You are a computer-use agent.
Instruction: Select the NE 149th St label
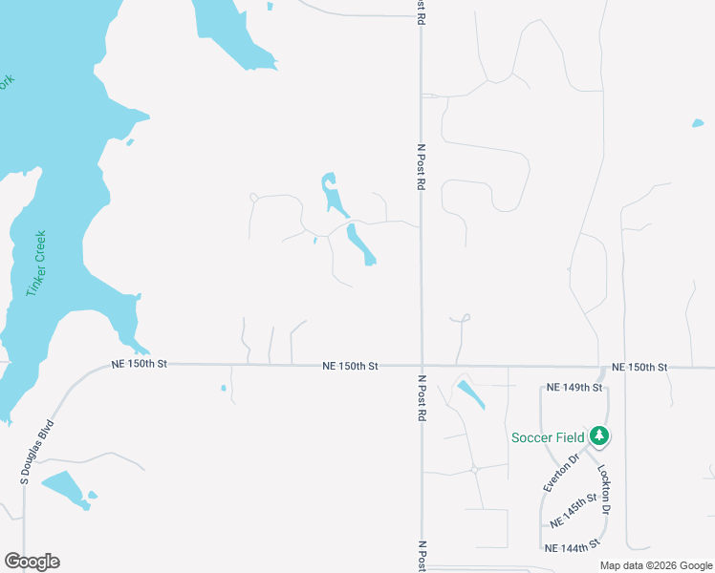click(574, 388)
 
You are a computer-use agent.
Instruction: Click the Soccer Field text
click(548, 437)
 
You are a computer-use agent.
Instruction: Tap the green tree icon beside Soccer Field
click(599, 436)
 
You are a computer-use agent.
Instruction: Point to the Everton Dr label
click(561, 473)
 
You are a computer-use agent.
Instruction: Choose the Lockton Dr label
click(604, 485)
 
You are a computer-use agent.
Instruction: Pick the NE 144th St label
click(573, 547)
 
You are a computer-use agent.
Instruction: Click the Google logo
click(32, 562)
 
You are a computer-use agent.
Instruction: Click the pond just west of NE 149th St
click(470, 393)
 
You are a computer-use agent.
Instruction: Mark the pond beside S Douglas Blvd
click(64, 487)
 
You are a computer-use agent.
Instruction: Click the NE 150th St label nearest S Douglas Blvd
click(139, 364)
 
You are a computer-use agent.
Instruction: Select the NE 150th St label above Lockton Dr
click(639, 367)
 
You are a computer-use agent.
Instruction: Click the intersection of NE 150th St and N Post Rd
click(422, 365)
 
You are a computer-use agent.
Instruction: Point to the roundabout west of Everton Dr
click(474, 469)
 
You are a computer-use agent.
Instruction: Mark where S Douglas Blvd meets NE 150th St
click(91, 366)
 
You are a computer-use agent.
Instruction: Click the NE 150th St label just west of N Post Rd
click(351, 366)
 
